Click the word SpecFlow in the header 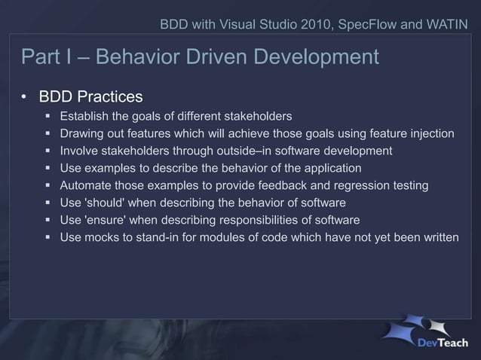364,24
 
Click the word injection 430,133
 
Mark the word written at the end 440,237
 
